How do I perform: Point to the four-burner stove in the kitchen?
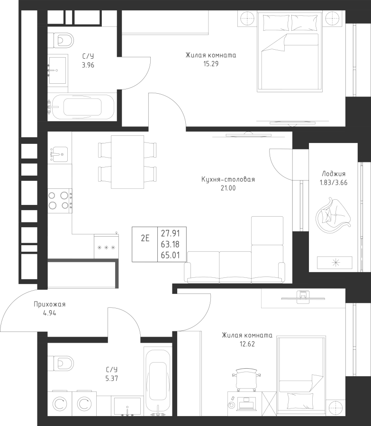tap(60, 201)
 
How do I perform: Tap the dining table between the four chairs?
tap(127, 162)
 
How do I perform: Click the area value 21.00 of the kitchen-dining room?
tap(228, 188)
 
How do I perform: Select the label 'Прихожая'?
tap(49, 304)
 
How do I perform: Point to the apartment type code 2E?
tap(145, 239)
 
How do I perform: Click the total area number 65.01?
tap(170, 255)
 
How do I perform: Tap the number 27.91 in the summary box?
tap(170, 233)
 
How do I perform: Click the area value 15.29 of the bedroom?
tap(211, 64)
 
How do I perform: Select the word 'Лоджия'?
tap(334, 174)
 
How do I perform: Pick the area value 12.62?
tap(247, 344)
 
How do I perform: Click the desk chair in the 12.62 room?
tap(246, 380)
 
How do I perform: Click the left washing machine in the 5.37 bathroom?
tap(60, 405)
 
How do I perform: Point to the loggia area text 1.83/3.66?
tap(334, 183)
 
